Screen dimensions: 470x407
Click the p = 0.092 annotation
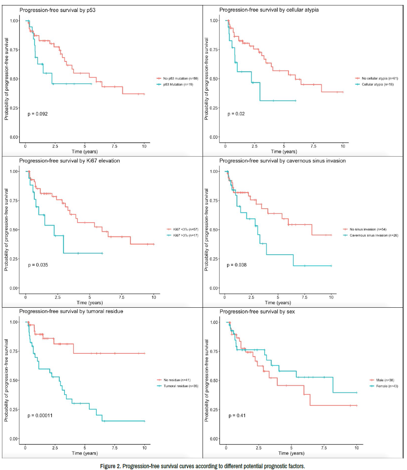[38, 114]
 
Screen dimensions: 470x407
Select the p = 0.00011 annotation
[40, 416]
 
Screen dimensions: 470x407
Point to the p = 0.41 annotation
[237, 416]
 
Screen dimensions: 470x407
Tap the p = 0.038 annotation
[237, 265]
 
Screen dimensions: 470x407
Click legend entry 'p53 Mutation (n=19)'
[178, 85]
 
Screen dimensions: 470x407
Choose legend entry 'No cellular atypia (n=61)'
[380, 78]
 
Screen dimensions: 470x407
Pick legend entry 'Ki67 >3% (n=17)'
[185, 235]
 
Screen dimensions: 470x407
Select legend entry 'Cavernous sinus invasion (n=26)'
[374, 235]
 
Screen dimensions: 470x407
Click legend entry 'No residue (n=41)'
[177, 380]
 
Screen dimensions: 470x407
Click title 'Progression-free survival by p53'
[57, 10]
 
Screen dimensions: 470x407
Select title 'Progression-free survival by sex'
[257, 312]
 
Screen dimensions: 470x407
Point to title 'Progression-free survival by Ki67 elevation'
[69, 161]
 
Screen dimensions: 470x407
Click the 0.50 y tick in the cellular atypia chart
[214, 79]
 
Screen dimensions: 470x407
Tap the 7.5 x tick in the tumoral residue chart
[115, 448]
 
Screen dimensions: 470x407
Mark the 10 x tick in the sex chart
[357, 448]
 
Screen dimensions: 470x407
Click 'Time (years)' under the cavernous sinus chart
[278, 303]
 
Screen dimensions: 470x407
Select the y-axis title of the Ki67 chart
[6, 230]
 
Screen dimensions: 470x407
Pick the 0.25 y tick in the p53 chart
[14, 108]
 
